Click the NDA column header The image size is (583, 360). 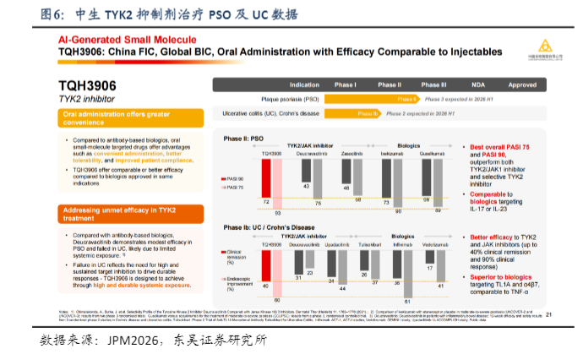[x=478, y=85]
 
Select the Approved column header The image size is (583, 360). [x=522, y=85]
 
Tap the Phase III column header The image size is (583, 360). [x=433, y=85]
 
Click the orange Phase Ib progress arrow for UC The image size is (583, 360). [x=347, y=112]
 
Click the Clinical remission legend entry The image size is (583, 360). [x=237, y=255]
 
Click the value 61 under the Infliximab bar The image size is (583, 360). [x=407, y=300]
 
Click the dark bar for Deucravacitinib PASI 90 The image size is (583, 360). [x=306, y=171]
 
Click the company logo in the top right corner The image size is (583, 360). [x=544, y=47]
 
